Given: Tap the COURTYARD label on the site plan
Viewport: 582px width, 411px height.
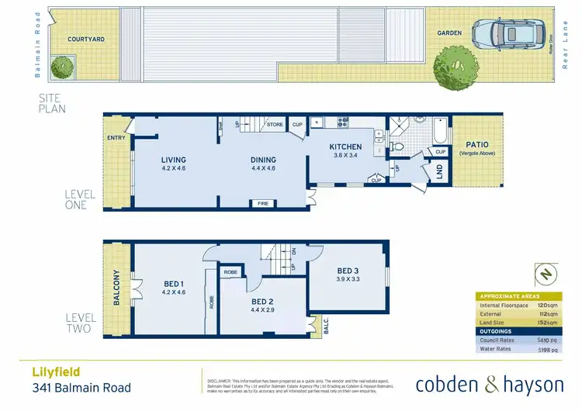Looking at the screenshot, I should point(86,39).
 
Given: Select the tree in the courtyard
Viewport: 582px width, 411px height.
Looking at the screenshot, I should point(63,68).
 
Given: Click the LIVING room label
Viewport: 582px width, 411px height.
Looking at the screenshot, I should point(173,161).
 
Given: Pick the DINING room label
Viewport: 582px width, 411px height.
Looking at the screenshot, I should point(263,161).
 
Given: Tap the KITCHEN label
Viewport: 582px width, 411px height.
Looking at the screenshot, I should point(345,147).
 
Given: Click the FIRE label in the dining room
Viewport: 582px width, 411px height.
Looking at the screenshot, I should point(262,203).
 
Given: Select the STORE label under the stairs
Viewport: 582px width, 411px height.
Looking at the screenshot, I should point(274,124).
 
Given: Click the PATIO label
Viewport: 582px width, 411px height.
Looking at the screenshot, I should point(476,144).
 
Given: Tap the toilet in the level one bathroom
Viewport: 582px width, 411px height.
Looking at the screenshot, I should point(397,144).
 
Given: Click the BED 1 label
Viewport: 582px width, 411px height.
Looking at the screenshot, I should point(173,283).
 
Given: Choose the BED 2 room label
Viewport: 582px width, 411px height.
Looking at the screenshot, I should point(262,302).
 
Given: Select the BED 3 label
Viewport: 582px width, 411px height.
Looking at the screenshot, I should point(346,271).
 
